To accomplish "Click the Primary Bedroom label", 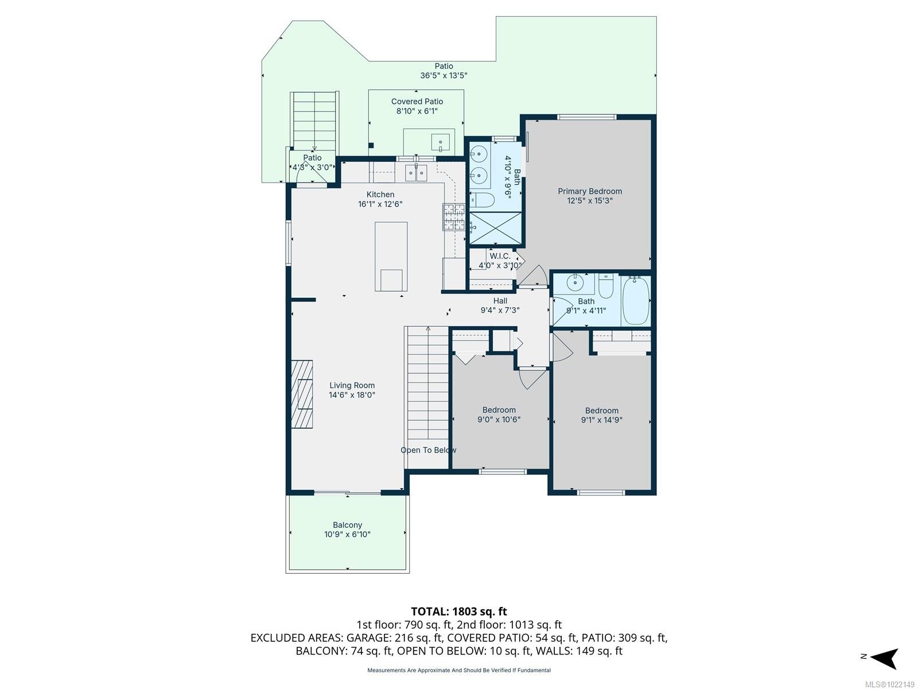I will point(590,191).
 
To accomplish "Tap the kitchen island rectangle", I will point(391,257).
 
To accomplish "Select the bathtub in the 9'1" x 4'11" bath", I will point(636,300).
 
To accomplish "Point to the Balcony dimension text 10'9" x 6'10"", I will point(347,535).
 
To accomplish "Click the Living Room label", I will point(352,385).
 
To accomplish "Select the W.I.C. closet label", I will point(500,256).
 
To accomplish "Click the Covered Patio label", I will point(417,102).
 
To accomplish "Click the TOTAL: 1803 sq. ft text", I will point(459,611).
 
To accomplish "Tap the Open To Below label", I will point(428,450).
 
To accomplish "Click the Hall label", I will point(500,301).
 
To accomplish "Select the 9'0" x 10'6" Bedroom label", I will point(499,410).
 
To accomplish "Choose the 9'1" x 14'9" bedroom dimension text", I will point(601,420).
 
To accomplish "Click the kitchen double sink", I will point(416,172).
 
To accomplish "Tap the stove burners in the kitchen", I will point(453,218).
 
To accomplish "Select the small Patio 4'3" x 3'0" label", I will point(312,158).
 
